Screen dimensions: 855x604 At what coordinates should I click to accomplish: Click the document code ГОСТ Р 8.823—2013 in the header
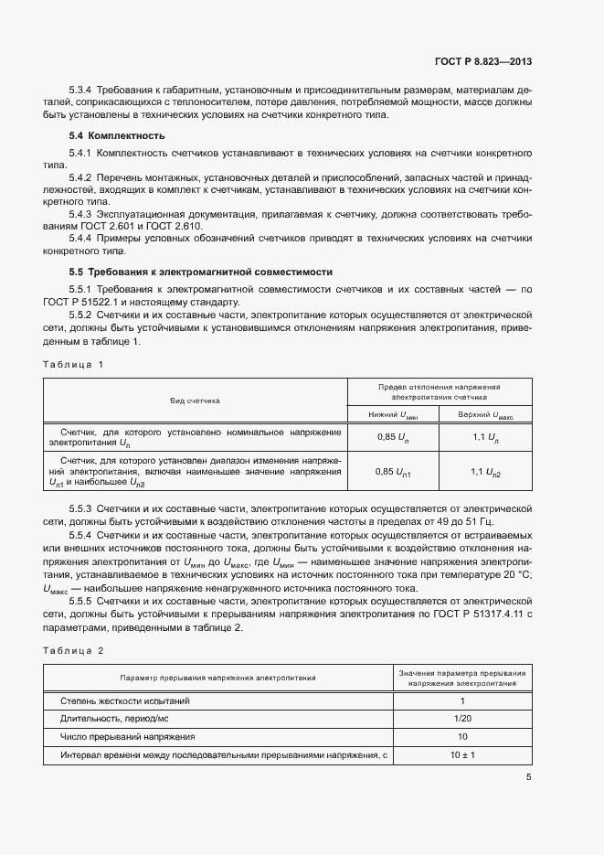482,61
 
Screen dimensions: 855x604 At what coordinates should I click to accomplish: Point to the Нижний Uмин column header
394,414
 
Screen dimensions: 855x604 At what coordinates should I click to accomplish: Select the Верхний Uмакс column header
485,414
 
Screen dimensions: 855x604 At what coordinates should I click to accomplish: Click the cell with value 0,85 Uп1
394,472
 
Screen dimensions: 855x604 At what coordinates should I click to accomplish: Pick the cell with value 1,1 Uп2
485,472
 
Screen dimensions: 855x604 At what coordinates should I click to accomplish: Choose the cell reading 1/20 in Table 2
461,719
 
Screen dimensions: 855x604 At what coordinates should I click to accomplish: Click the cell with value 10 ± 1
461,755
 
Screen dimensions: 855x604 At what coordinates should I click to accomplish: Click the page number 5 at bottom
528,777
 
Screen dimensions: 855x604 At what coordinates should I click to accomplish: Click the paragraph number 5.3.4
81,91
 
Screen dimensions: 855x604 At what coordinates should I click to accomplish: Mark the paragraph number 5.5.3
81,507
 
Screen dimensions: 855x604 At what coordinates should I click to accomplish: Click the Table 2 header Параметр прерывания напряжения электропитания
218,678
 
